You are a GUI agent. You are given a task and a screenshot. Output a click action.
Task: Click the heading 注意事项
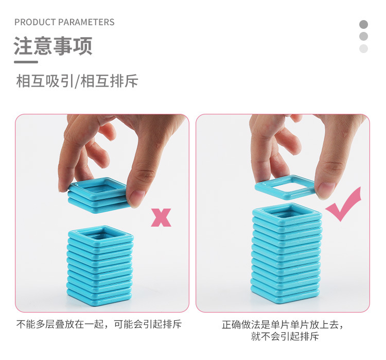[x=53, y=46]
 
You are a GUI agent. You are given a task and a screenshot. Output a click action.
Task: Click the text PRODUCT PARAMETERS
[x=64, y=22]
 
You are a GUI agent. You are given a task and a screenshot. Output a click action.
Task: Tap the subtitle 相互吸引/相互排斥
[x=77, y=81]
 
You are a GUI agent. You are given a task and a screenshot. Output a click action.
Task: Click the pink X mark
[x=161, y=217]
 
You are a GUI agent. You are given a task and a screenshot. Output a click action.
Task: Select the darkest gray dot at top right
[x=364, y=24]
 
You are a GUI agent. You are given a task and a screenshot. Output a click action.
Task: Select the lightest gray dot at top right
[x=364, y=48]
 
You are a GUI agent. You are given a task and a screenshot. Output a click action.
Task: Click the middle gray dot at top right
[x=364, y=36]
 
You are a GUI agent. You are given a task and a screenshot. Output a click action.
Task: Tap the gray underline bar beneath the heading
[x=26, y=62]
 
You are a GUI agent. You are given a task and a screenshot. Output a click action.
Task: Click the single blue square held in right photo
[x=286, y=187]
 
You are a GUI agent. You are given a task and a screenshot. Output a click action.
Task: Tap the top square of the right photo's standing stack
[x=287, y=214]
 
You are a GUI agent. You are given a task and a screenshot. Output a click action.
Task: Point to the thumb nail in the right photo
[x=326, y=189]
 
